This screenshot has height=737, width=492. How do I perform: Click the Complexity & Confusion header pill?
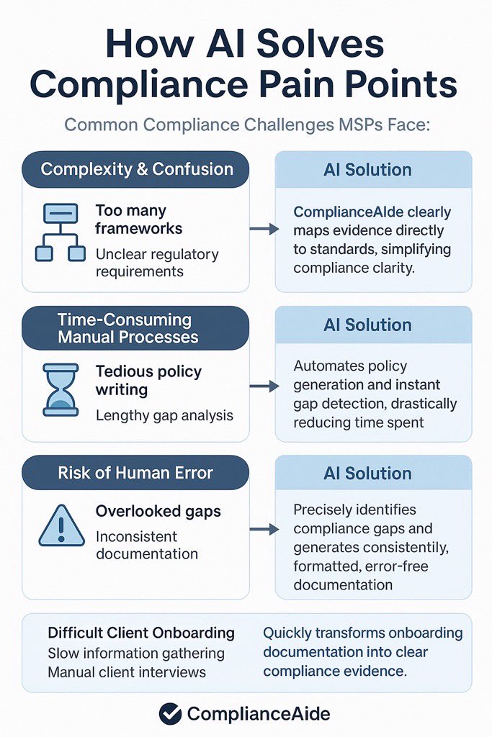click(136, 170)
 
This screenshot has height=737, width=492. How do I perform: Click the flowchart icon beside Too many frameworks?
click(61, 232)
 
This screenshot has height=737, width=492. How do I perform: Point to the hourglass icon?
click(60, 390)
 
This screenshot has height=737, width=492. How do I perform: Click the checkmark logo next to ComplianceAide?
click(170, 713)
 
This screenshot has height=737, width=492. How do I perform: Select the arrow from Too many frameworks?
click(264, 230)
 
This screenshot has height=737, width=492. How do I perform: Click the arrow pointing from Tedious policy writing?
click(264, 386)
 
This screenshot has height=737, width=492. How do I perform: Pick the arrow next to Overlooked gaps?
click(264, 530)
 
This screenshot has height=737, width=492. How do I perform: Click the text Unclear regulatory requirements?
click(157, 263)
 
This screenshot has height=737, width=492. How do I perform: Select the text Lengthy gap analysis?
click(165, 415)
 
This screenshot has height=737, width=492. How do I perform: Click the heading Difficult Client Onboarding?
click(141, 633)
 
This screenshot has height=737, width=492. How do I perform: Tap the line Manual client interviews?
click(127, 672)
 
